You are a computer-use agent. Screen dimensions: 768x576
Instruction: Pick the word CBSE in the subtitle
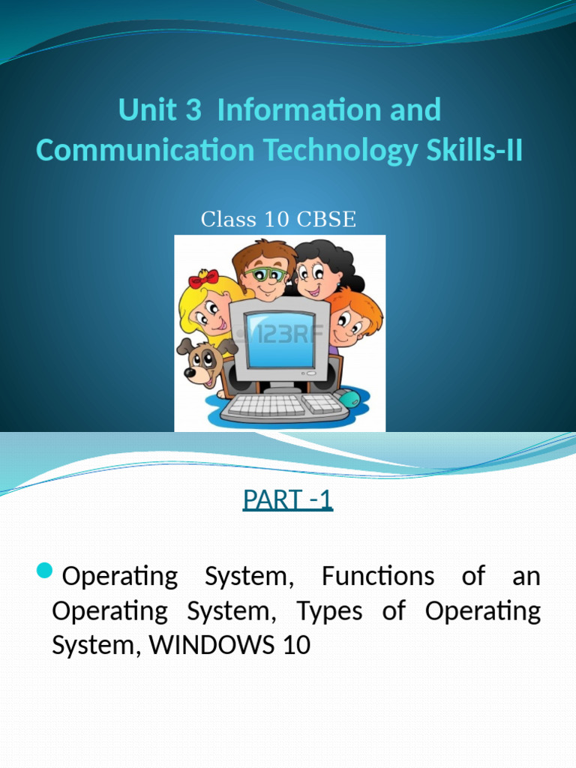327,220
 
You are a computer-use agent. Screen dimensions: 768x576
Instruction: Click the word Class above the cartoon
228,220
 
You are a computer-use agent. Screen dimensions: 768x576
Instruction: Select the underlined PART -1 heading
287,499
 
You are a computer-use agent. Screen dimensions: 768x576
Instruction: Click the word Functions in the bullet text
377,576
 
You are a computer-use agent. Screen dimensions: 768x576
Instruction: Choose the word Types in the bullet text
329,610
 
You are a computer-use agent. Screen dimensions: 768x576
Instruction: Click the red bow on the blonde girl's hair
203,279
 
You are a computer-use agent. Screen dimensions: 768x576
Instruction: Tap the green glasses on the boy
265,274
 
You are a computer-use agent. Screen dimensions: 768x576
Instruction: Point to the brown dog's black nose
190,371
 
